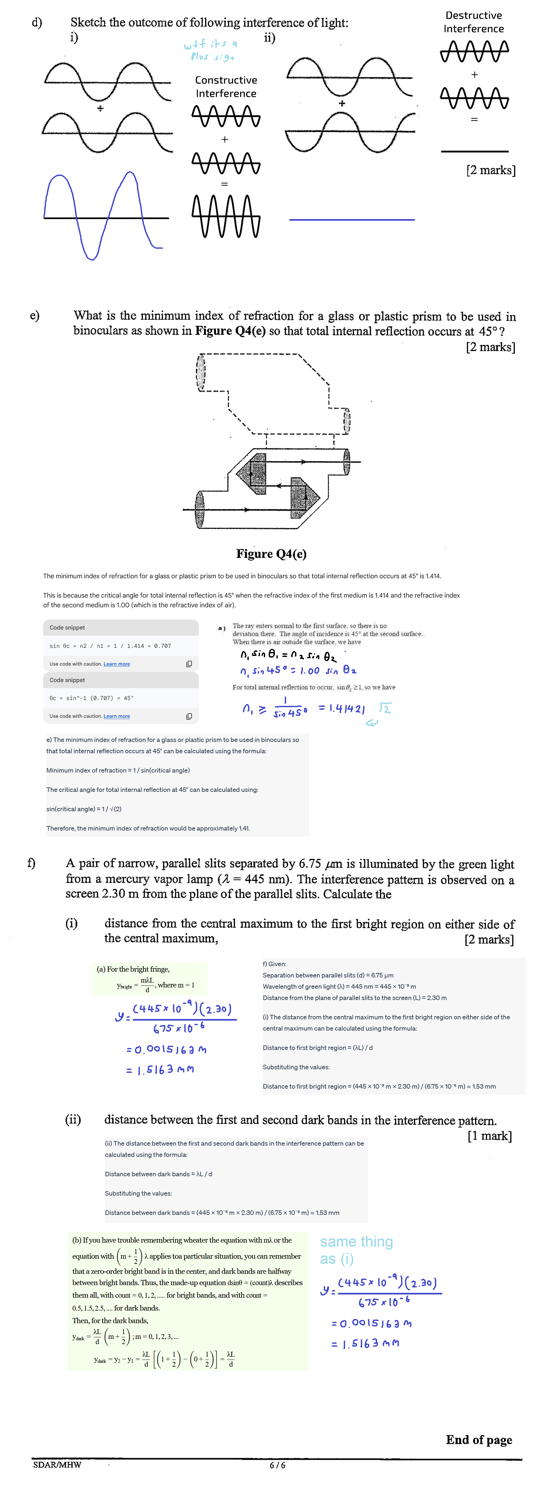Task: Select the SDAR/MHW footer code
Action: click(57, 1465)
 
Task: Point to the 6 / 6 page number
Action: click(277, 1465)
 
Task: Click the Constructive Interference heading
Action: click(226, 87)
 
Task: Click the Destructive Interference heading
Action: click(473, 22)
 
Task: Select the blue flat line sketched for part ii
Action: click(352, 219)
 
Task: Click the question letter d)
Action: click(37, 23)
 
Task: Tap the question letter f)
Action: click(32, 863)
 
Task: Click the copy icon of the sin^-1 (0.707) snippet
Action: click(188, 716)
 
